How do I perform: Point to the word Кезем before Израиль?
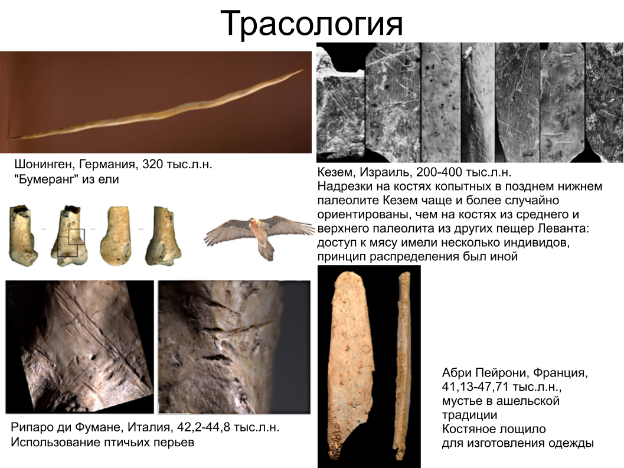335,173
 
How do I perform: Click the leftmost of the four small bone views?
22,234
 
